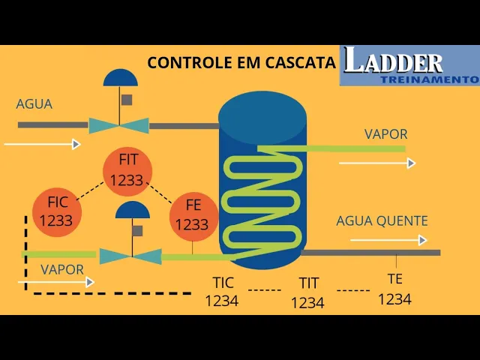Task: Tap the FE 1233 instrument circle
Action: click(x=193, y=215)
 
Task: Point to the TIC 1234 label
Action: click(x=223, y=292)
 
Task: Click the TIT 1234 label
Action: click(x=308, y=292)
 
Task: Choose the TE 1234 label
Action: click(x=394, y=289)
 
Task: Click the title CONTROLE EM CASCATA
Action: click(x=241, y=62)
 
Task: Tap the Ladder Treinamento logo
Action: click(x=409, y=65)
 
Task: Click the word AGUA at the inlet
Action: click(x=34, y=104)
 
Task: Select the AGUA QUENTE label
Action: click(x=382, y=221)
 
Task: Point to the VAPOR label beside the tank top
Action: click(x=385, y=135)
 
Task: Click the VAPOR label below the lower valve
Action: click(x=62, y=270)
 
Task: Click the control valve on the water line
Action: click(x=119, y=125)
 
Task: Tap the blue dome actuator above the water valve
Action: click(x=121, y=77)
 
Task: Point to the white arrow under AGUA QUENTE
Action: click(x=388, y=240)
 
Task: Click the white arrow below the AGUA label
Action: click(x=42, y=144)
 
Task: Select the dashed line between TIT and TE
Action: click(x=352, y=289)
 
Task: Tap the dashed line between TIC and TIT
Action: click(x=265, y=289)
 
